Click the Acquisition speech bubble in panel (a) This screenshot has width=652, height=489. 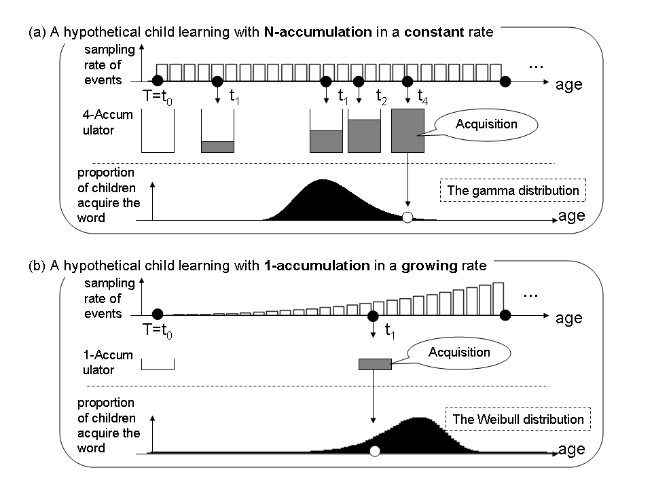(x=486, y=124)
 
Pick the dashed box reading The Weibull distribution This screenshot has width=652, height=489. (x=518, y=419)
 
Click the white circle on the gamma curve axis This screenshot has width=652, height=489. (x=407, y=218)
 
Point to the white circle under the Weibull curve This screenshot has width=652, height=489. (x=374, y=451)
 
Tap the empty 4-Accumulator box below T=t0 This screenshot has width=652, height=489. (x=158, y=131)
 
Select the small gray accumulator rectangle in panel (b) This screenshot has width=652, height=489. (x=375, y=364)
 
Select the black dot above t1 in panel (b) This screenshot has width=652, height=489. (x=373, y=316)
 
